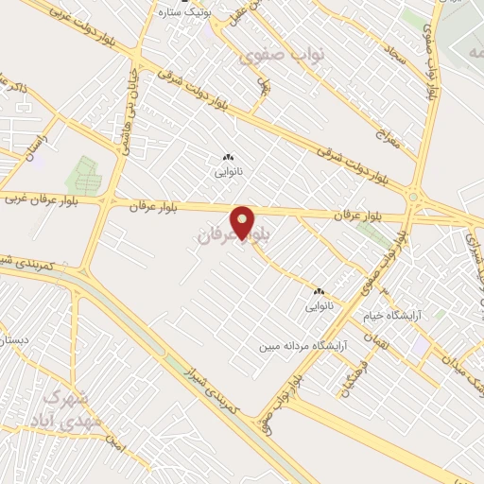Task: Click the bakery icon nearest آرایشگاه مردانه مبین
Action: [317, 292]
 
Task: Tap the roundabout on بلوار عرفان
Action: [413, 198]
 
